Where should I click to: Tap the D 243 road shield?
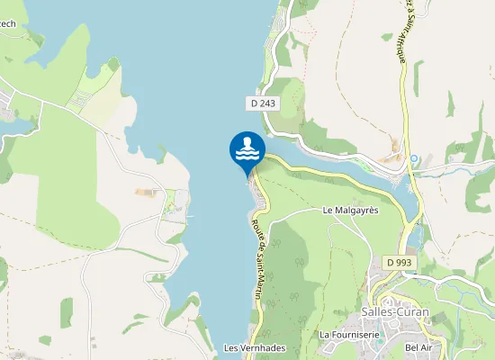pos(262,103)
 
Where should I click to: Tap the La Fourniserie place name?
pos(349,334)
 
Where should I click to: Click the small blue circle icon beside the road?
pos(414,159)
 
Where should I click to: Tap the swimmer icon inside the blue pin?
pos(247,148)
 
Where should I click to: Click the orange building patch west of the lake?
pos(144,192)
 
